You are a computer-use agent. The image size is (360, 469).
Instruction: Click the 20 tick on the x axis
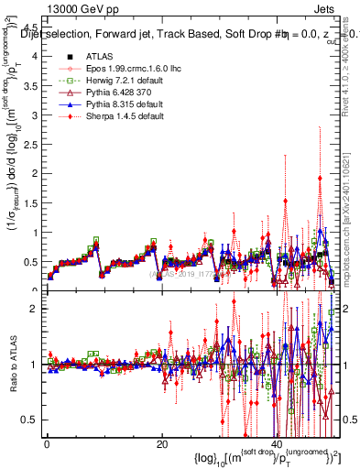click(x=161, y=444)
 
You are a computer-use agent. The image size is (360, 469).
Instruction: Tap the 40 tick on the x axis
click(x=278, y=444)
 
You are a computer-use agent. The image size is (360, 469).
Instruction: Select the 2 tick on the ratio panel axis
click(x=35, y=309)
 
